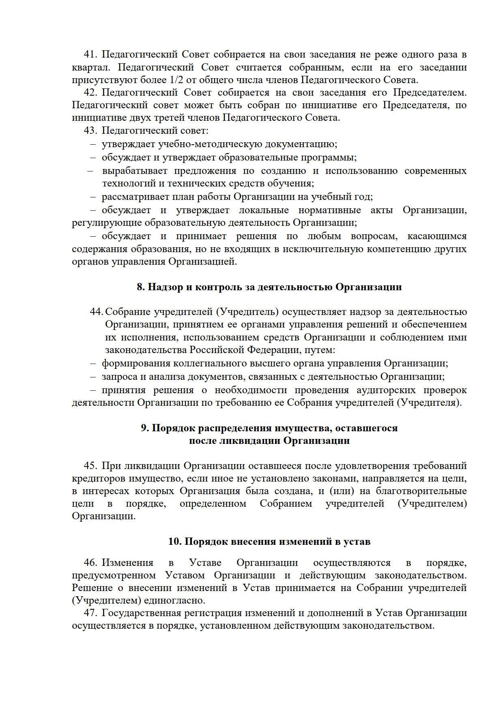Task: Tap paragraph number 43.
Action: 90,131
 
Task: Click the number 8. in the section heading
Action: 141,287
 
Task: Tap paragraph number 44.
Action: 96,312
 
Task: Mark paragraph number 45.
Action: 90,466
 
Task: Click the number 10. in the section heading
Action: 175,542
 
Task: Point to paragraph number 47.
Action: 90,613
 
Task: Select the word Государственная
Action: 144,613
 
